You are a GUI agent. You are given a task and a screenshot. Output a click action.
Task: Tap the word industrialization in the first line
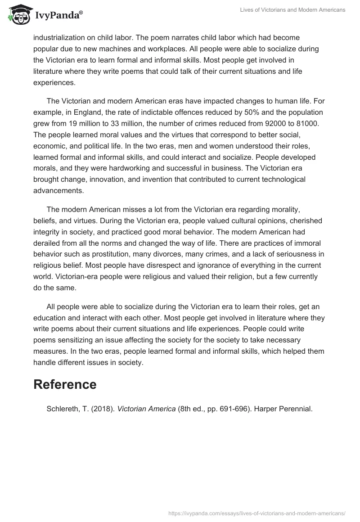[x=58, y=37]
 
